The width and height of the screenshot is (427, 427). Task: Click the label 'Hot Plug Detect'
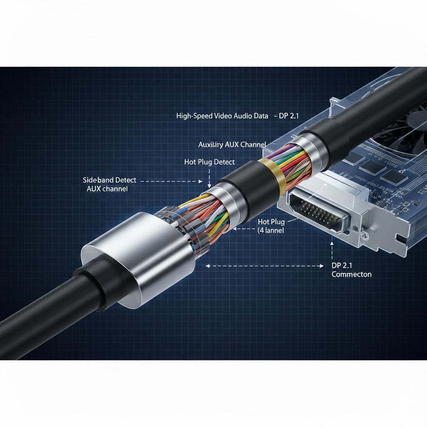[209, 162]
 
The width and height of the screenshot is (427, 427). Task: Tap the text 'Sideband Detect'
[110, 180]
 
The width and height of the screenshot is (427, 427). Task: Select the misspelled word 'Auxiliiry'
[211, 145]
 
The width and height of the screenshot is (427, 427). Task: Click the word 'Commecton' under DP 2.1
[352, 274]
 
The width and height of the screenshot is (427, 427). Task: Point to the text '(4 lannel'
[271, 230]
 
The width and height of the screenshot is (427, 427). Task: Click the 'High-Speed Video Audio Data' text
[222, 116]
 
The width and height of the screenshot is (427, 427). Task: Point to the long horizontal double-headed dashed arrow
[264, 265]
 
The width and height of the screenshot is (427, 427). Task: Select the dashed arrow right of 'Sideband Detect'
[171, 181]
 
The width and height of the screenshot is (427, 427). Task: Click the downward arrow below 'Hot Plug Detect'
[209, 177]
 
